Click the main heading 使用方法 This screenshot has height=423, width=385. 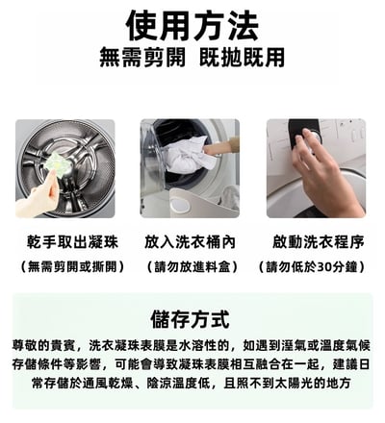pyautogui.click(x=192, y=21)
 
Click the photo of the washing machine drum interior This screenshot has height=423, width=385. pyautogui.click(x=64, y=168)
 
